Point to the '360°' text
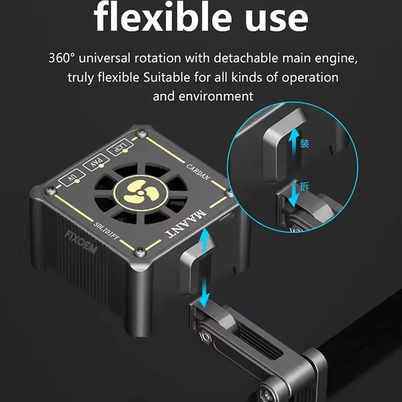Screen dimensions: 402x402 pyautogui.click(x=60, y=58)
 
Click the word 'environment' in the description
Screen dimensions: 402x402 pyautogui.click(x=216, y=96)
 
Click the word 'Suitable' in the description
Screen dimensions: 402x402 pyautogui.click(x=166, y=77)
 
